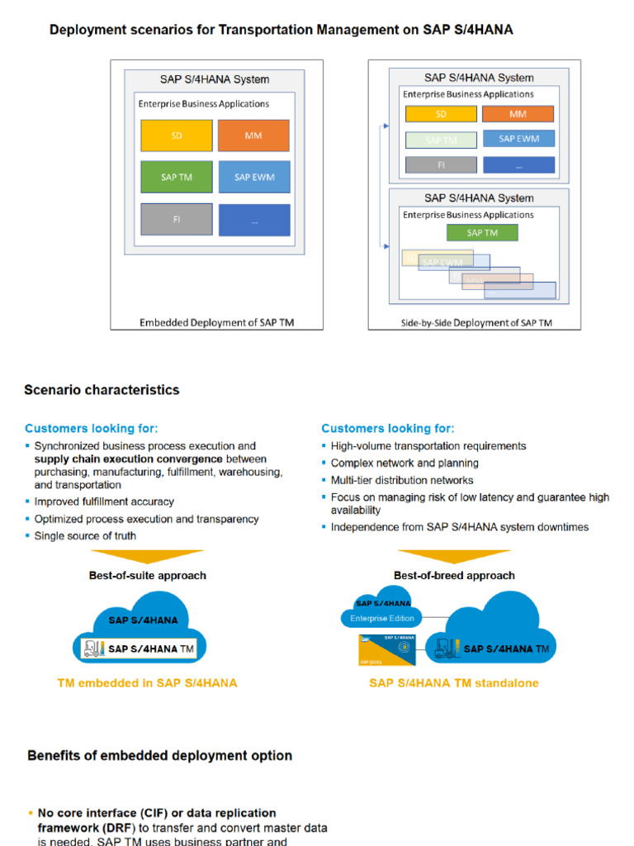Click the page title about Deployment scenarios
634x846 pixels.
coord(282,30)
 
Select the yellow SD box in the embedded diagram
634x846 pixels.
coord(176,135)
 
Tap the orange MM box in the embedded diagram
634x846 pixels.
coord(253,135)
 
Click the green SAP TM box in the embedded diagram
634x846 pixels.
coord(176,177)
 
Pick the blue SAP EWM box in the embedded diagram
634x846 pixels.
coord(253,177)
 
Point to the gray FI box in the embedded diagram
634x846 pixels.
coord(176,220)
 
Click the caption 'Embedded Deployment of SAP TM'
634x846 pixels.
coord(216,323)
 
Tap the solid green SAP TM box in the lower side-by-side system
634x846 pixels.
coord(482,233)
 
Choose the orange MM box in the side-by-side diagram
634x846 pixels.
coord(518,114)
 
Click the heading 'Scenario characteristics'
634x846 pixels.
coord(102,390)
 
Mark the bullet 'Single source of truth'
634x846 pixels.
coord(85,536)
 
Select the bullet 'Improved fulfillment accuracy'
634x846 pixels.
coord(104,501)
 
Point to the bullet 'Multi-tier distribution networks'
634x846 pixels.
coord(402,480)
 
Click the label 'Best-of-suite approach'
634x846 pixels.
coord(148,575)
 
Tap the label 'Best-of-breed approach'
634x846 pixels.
coord(454,575)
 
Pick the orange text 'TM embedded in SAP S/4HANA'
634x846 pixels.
coord(147,683)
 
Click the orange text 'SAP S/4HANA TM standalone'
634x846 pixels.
coord(454,683)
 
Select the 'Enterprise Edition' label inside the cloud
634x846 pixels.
coord(383,618)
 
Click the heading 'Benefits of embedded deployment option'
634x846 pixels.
coord(159,755)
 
